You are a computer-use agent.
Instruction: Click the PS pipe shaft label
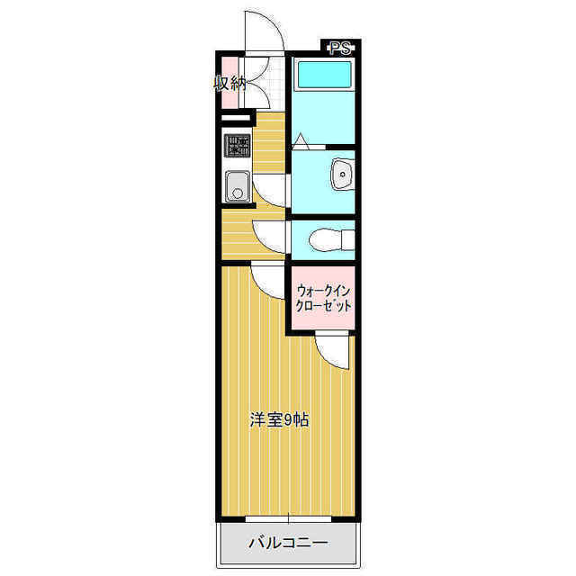(340, 48)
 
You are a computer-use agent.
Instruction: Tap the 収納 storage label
(230, 85)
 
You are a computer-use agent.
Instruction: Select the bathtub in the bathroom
(324, 75)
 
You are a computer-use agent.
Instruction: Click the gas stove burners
(237, 146)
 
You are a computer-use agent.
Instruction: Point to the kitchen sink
(238, 186)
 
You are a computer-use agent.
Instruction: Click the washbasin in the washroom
(343, 174)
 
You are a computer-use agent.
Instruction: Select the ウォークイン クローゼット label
(323, 298)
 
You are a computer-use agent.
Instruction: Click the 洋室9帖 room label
(279, 420)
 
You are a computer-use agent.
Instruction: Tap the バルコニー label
(288, 543)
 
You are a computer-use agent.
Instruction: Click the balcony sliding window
(288, 519)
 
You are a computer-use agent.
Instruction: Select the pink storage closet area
(230, 83)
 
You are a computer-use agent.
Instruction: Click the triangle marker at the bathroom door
(301, 140)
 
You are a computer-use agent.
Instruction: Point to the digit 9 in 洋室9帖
(288, 420)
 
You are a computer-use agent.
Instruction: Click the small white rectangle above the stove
(235, 118)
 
